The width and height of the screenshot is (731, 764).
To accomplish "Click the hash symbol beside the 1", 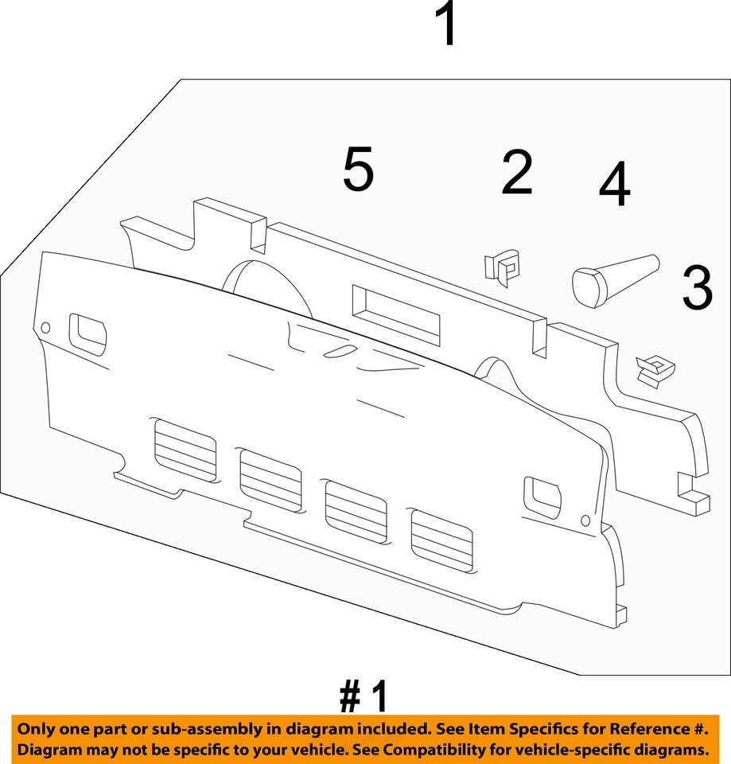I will click(350, 698).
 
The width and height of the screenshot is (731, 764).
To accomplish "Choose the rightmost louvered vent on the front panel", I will click(441, 540).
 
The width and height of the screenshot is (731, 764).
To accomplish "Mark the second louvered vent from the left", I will click(271, 480).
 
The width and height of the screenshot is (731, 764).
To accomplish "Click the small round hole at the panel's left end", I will click(45, 328).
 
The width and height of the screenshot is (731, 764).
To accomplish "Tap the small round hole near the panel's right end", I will click(586, 521).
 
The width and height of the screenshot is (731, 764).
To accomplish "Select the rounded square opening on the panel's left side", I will click(88, 333).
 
